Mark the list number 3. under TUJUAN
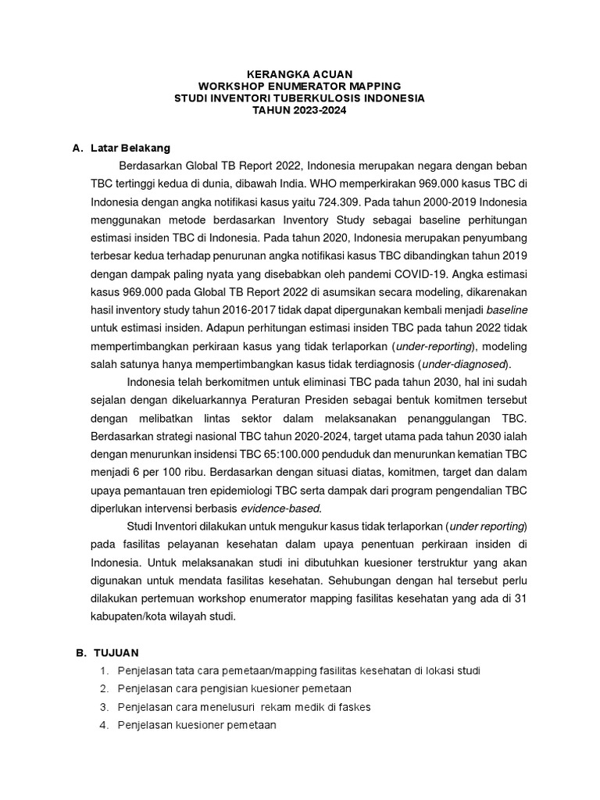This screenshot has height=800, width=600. coord(103,706)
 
